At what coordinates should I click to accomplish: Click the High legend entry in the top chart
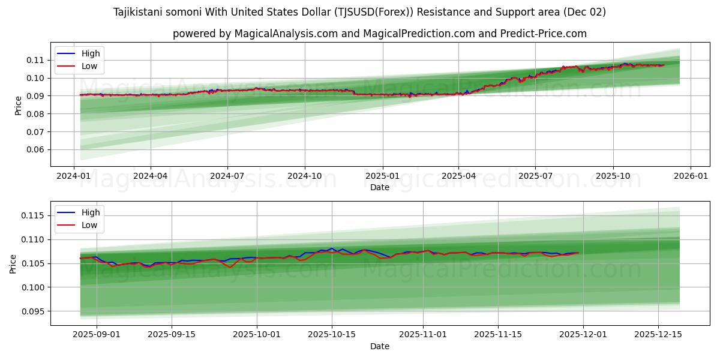point(91,53)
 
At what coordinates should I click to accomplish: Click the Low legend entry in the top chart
point(89,67)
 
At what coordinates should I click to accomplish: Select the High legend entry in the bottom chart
point(91,212)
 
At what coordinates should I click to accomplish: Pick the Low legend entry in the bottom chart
point(89,225)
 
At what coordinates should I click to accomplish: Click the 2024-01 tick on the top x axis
point(74,176)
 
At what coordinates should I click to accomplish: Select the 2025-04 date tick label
point(458,176)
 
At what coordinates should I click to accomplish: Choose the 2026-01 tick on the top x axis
point(690,176)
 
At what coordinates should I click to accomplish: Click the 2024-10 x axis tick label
point(304,176)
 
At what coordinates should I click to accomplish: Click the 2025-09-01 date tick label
point(97,335)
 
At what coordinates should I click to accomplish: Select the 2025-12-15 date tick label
point(658,335)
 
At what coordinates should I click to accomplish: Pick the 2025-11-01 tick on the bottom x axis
point(423,335)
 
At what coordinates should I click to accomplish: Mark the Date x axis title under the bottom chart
point(379,346)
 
